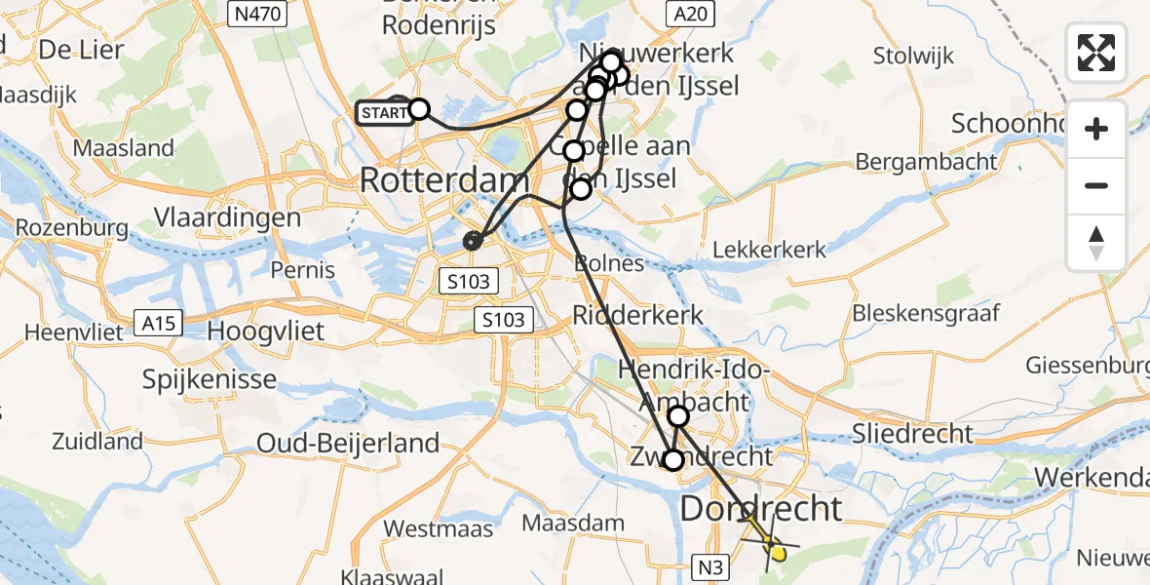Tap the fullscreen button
(x=1096, y=53)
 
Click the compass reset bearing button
(x=1096, y=243)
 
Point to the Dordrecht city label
(x=761, y=508)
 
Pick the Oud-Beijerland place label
(x=348, y=443)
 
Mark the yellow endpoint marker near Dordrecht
(x=777, y=554)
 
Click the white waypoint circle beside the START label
(x=418, y=108)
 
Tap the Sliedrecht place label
(x=912, y=433)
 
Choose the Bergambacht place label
(x=926, y=161)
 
